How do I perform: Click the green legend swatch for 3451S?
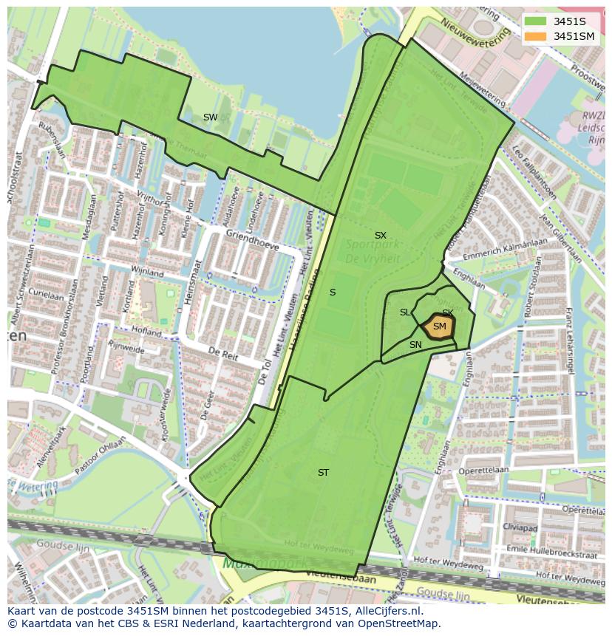click(x=537, y=21)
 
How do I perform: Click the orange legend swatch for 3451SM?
click(x=537, y=35)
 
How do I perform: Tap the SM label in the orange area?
click(x=440, y=326)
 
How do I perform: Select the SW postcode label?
click(x=211, y=117)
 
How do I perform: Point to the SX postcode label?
click(x=380, y=236)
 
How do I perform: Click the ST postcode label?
click(x=323, y=473)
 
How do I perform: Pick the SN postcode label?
click(x=415, y=345)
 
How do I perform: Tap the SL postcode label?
click(x=405, y=312)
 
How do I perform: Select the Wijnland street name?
click(x=146, y=272)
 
